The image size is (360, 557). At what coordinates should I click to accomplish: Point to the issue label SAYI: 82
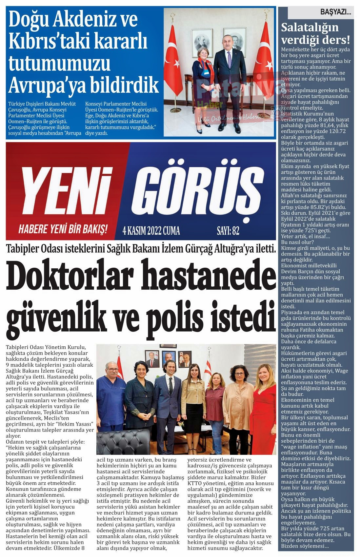tap(228, 231)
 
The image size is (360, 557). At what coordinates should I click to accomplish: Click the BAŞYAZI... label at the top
tap(335, 13)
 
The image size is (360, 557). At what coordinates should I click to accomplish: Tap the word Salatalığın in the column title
tap(310, 28)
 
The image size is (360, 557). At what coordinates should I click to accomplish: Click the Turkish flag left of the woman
tap(178, 59)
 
